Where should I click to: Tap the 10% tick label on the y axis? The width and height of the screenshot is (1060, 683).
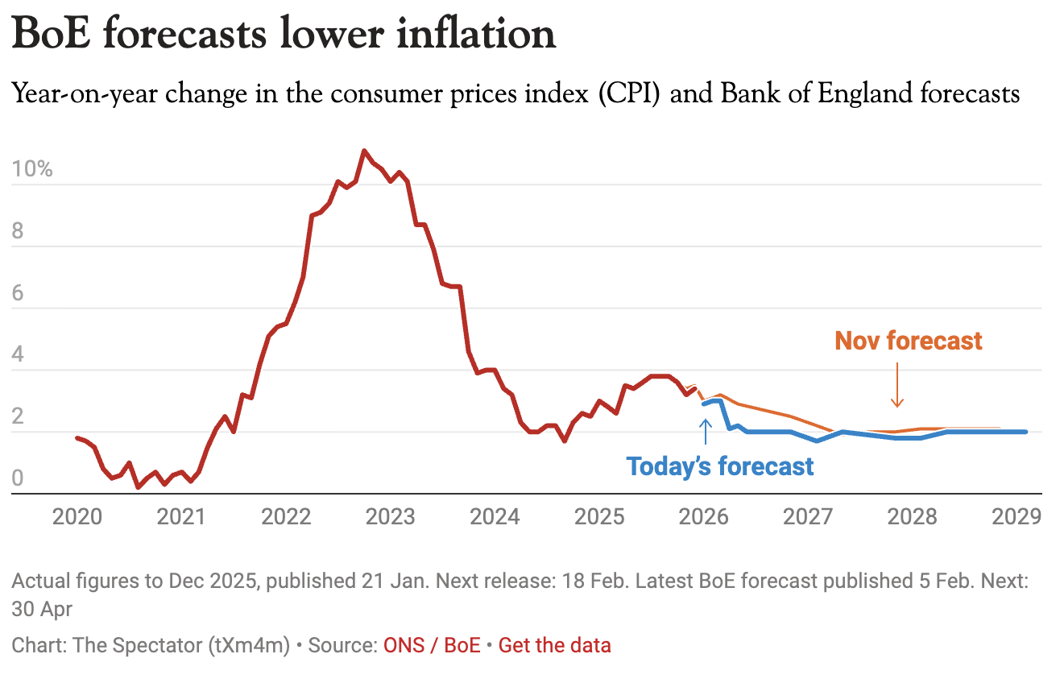[x=32, y=171]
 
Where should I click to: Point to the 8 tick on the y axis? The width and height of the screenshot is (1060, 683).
[x=18, y=233]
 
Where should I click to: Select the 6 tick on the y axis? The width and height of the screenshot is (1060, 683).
[x=18, y=294]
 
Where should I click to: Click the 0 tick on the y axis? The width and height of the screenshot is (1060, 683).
[x=18, y=478]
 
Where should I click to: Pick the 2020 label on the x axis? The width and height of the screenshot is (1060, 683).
[x=77, y=516]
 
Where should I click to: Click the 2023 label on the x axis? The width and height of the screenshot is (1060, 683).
[x=391, y=516]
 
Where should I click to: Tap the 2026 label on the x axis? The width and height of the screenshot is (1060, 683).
[x=704, y=516]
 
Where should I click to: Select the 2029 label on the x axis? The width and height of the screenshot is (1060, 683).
[x=1017, y=516]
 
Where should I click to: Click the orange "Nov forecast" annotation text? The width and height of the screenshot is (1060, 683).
[x=909, y=341]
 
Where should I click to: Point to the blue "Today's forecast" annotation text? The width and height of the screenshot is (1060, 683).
[x=720, y=466]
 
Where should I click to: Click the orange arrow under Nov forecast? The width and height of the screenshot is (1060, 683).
[x=896, y=387]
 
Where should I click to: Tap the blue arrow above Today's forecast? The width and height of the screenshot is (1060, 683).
[x=706, y=430]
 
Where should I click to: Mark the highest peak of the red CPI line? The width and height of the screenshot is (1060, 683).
[x=365, y=151]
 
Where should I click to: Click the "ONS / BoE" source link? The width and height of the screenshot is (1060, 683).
[x=432, y=645]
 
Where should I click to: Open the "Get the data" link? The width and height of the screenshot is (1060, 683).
[x=554, y=645]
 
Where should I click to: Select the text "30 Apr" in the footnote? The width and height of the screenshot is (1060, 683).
[x=42, y=609]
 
